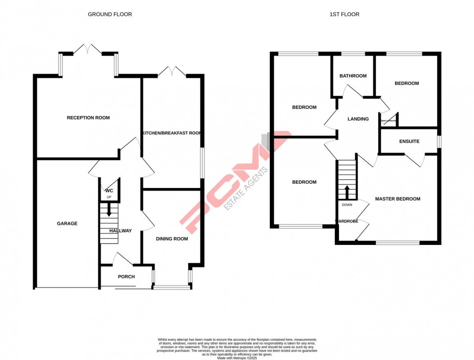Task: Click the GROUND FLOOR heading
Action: coord(110,14)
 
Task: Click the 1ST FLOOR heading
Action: coord(344,14)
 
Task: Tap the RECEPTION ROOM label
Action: coord(88,118)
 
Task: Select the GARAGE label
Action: coord(67,224)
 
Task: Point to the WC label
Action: coord(109,191)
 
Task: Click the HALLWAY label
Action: coord(120,231)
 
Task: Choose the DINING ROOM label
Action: coord(172,239)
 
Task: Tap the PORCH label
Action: coord(127,277)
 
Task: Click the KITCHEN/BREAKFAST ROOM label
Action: coord(171,133)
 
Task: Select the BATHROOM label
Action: coord(353,76)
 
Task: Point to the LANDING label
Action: coord(358,119)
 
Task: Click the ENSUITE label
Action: coord(409,142)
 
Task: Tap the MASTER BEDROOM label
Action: coord(398,199)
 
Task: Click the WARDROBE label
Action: coord(347,222)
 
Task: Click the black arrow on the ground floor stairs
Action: coord(109,210)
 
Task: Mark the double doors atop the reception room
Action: coord(88,49)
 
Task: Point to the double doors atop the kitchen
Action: coord(172,72)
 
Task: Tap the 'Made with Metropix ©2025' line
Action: coord(237,358)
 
